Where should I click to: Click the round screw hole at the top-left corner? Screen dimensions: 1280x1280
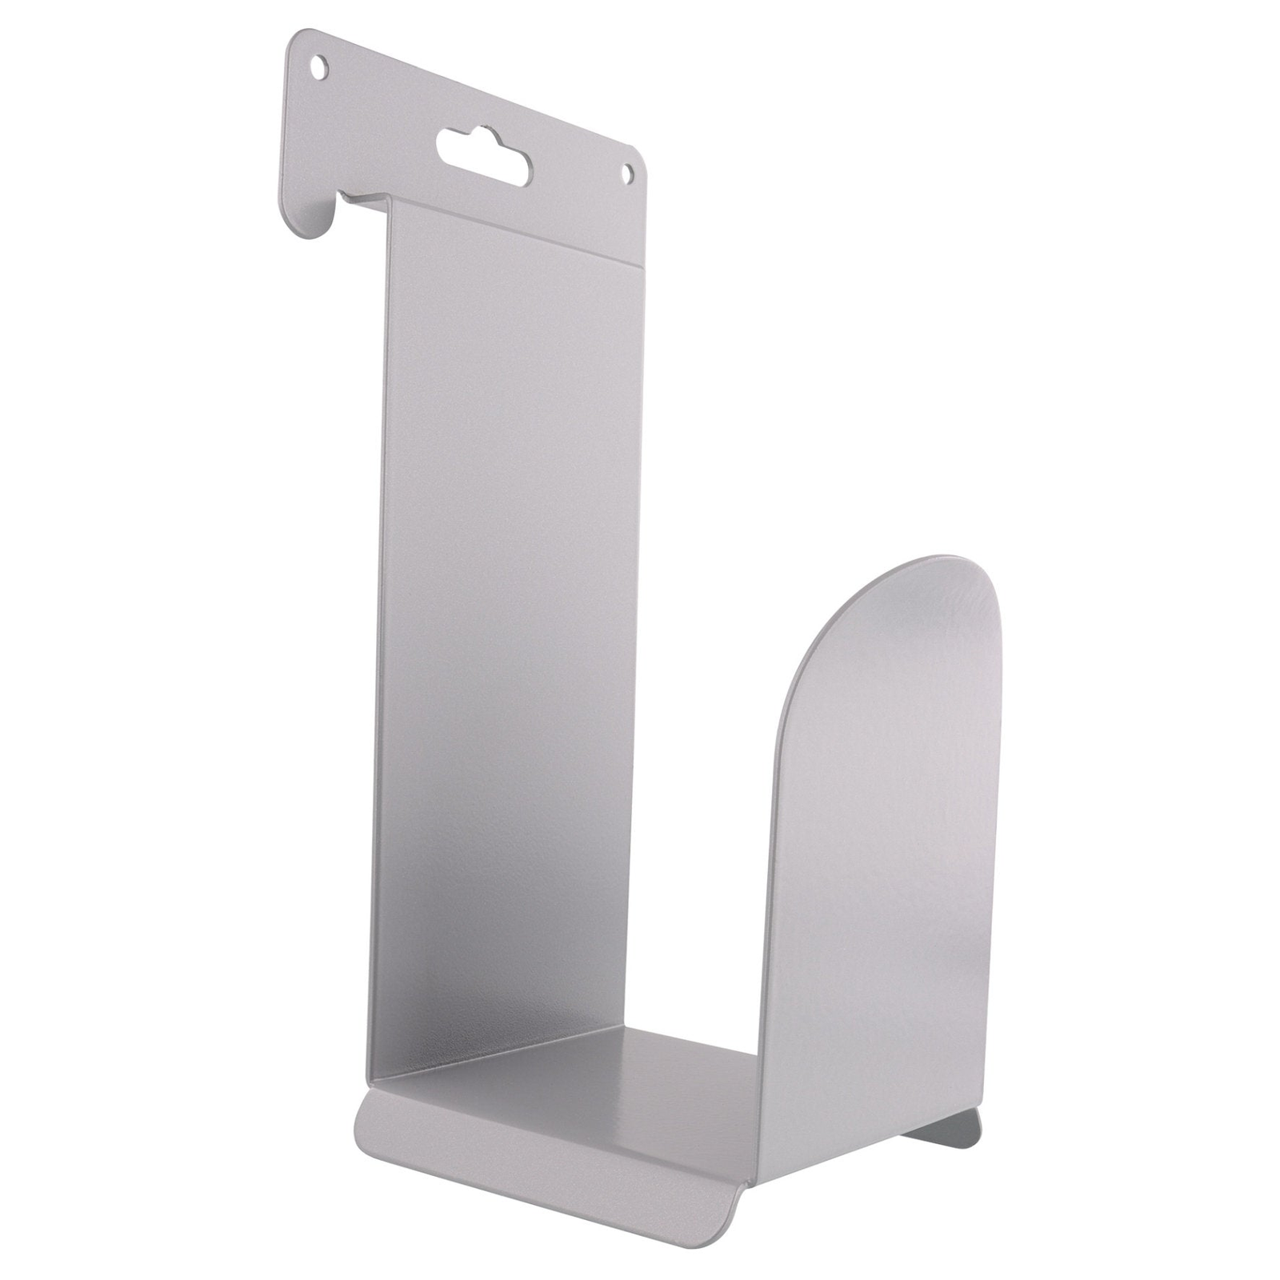click(x=320, y=66)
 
